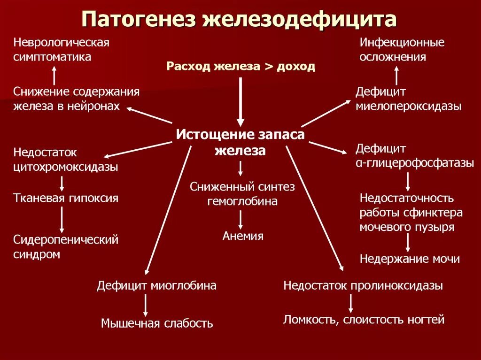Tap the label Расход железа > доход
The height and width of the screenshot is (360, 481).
[240, 66]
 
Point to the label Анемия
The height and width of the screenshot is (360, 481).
[243, 236]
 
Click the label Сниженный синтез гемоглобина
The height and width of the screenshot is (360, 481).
[242, 194]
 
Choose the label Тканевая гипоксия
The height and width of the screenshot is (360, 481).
[66, 198]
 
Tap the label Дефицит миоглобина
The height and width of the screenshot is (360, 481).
[157, 285]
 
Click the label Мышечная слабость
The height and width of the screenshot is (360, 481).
[157, 323]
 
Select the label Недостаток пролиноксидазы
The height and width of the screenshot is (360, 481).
[363, 285]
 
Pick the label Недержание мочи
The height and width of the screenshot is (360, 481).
[410, 259]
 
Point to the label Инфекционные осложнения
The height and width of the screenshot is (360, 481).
[402, 50]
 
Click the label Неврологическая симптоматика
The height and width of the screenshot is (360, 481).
[61, 50]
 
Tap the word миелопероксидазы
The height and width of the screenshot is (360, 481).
[408, 107]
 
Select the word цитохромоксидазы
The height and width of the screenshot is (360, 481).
[66, 167]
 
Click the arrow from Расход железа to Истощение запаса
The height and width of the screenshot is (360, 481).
[240, 101]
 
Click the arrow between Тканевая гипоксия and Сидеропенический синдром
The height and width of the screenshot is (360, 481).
[62, 219]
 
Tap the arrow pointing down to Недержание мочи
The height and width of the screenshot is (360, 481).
[408, 243]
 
